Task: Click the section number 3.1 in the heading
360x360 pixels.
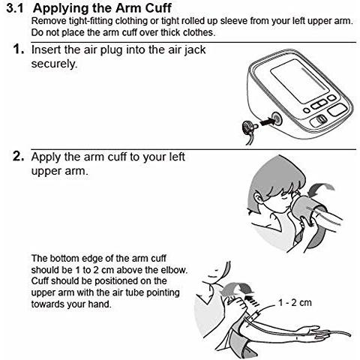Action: click(x=15, y=8)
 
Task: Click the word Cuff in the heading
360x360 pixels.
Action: click(x=158, y=8)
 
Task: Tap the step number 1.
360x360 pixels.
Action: click(x=19, y=49)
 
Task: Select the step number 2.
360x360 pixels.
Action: click(x=19, y=157)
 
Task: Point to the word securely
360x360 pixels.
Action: click(x=54, y=64)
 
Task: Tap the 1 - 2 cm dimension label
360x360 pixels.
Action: click(x=295, y=303)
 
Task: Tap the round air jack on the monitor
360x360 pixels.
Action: click(x=277, y=118)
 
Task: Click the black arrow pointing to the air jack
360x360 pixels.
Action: click(x=266, y=122)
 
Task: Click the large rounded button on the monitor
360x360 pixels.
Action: click(x=337, y=109)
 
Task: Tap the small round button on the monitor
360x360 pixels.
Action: click(x=307, y=110)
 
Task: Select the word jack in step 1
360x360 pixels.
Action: click(x=195, y=50)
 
